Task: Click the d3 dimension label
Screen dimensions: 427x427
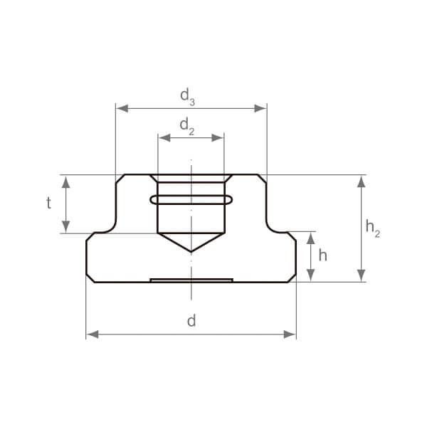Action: tap(187, 97)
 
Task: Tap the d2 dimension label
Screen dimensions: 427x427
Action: tap(186, 127)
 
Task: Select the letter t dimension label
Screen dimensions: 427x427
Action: tap(48, 203)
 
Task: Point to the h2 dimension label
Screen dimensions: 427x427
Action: tap(372, 228)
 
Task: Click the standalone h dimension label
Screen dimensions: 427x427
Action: tap(322, 255)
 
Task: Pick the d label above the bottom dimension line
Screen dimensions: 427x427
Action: tap(191, 320)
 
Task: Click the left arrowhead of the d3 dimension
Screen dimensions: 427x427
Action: tap(122, 108)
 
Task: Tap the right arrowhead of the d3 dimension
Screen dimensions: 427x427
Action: tap(260, 108)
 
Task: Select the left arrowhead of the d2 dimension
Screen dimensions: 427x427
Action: tap(164, 138)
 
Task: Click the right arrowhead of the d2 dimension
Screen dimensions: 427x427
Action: tap(218, 138)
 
